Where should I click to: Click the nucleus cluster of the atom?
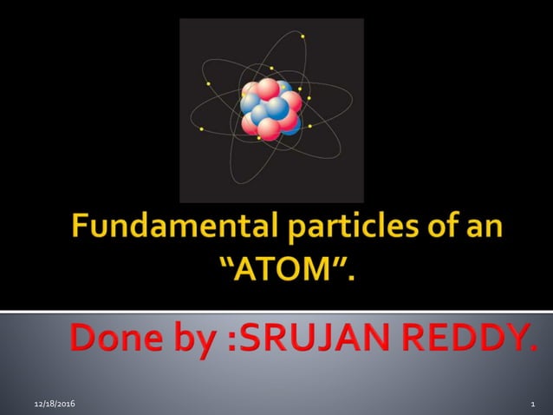tap(270, 109)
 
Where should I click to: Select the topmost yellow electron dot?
tap(303, 36)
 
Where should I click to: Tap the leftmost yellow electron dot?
tap(201, 130)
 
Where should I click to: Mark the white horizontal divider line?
tap(276, 311)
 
